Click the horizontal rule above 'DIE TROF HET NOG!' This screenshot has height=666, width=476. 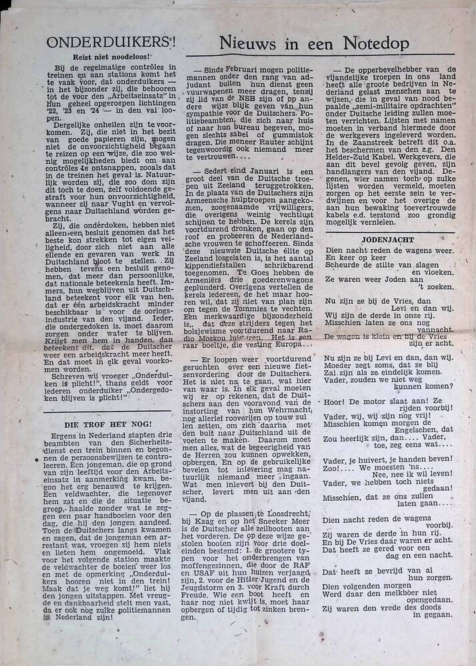point(108,413)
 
